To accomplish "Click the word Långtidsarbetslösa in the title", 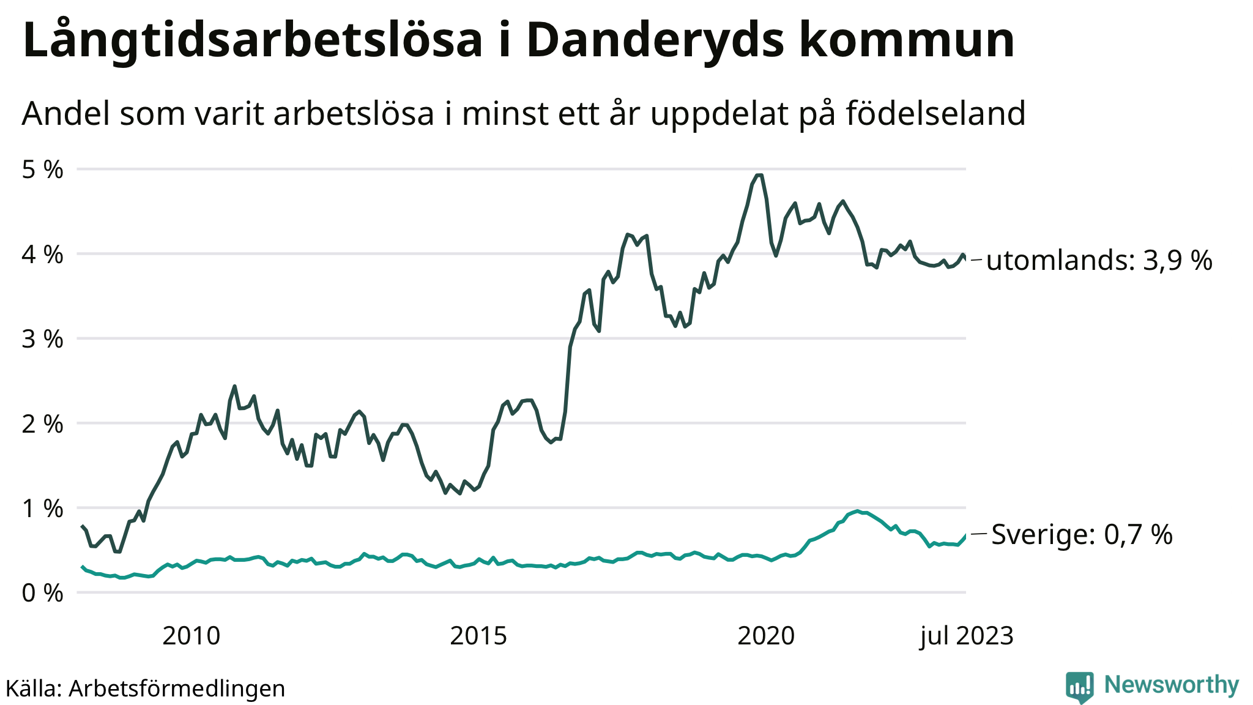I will click(253, 40).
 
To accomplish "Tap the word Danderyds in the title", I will click(655, 40).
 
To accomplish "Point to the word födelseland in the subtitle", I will click(935, 113).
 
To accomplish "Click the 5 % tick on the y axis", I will click(42, 170).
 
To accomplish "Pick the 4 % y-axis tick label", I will click(42, 255).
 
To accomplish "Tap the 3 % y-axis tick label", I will click(42, 339).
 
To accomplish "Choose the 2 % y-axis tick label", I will click(42, 423).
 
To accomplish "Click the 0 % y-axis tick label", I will click(42, 593).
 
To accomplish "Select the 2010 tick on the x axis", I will click(191, 636).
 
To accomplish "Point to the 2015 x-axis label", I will click(478, 636).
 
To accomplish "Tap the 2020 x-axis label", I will click(766, 636).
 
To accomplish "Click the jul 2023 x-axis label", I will click(967, 636).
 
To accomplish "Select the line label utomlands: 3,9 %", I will click(1099, 261).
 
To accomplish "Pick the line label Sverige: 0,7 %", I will click(1082, 534).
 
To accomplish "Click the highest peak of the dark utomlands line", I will click(759, 176).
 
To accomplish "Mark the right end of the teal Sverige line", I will click(965, 535).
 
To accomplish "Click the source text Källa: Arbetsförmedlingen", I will click(146, 688).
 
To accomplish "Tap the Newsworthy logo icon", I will click(1079, 687).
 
